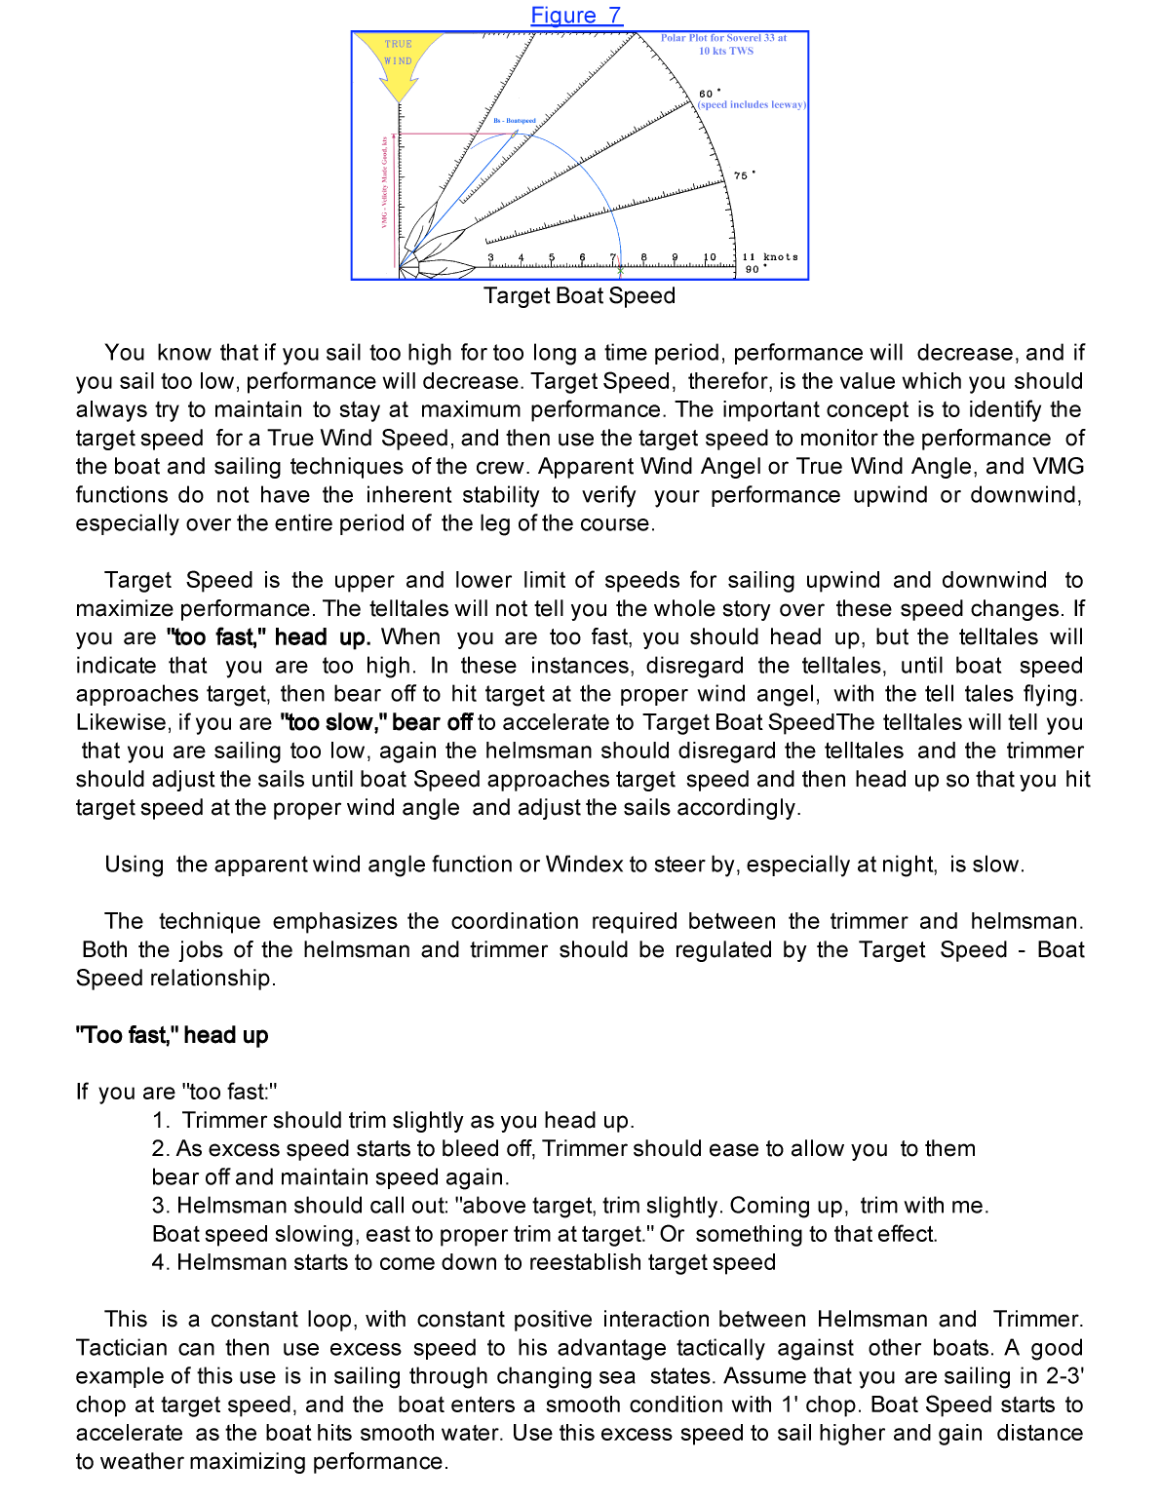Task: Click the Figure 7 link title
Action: [x=576, y=16]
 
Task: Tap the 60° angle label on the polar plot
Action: [x=709, y=94]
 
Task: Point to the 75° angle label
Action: [x=744, y=175]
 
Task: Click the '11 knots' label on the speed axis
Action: [x=770, y=257]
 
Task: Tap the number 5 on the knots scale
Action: [x=552, y=258]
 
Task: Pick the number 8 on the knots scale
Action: [x=644, y=258]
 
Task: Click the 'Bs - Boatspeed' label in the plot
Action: [x=515, y=121]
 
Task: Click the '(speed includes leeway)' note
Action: [x=752, y=104]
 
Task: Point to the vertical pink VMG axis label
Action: [x=385, y=182]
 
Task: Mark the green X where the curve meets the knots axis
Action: [x=620, y=270]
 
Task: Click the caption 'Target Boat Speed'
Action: [x=579, y=296]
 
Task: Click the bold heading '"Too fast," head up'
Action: [x=172, y=1035]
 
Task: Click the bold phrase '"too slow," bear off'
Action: [x=376, y=722]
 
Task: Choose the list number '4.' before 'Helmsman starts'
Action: [x=161, y=1263]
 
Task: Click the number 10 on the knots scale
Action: [x=710, y=258]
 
